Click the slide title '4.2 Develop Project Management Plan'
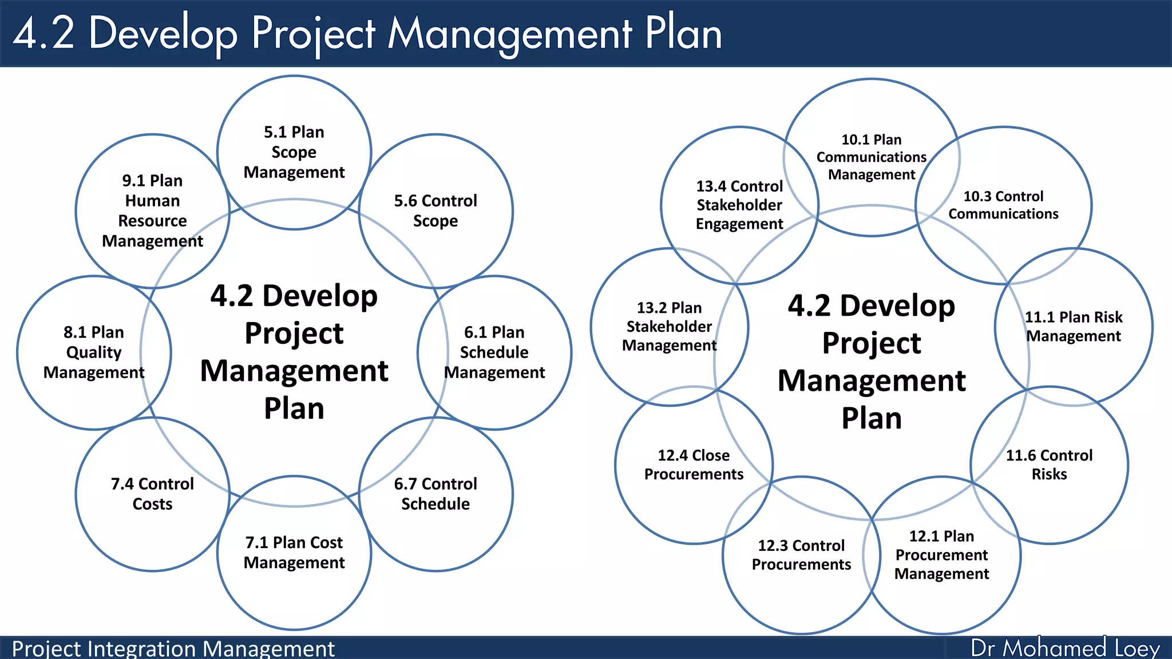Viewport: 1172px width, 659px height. pos(367,33)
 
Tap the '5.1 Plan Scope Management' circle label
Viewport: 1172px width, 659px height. pos(294,152)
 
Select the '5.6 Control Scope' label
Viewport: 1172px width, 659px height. pos(435,211)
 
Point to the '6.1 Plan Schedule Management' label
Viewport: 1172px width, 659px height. pos(494,352)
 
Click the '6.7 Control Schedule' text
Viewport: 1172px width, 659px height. pos(435,494)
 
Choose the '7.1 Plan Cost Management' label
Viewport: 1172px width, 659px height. pos(294,552)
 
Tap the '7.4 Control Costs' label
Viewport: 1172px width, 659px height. pos(152,494)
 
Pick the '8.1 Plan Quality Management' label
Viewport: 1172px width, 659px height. pos(94,352)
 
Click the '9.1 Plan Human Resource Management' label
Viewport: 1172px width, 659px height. pos(152,211)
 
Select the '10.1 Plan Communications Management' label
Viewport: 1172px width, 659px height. pos(872,157)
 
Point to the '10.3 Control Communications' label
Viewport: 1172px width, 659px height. pos(1003,205)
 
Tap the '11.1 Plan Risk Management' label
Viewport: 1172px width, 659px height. pos(1074,326)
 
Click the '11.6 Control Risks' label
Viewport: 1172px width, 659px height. pos(1049,465)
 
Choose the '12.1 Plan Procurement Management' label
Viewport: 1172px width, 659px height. pos(941,555)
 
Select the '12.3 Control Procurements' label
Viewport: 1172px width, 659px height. pos(801,555)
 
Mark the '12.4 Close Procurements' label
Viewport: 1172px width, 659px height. pos(694,465)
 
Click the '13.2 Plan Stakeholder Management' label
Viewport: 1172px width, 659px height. pos(669,326)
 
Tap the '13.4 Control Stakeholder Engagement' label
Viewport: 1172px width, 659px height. pos(739,205)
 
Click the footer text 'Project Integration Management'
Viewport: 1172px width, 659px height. pos(173,649)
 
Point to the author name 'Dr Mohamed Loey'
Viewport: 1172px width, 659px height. pos(1065,648)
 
